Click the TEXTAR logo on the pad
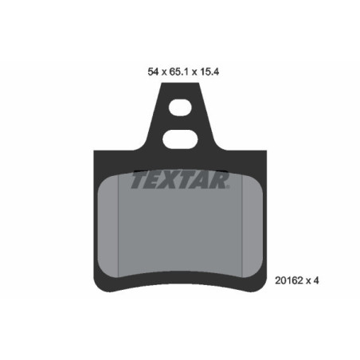click(x=179, y=181)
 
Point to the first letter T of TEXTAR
click(x=138, y=181)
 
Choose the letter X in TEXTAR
click(x=174, y=181)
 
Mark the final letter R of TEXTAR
click(x=221, y=181)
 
